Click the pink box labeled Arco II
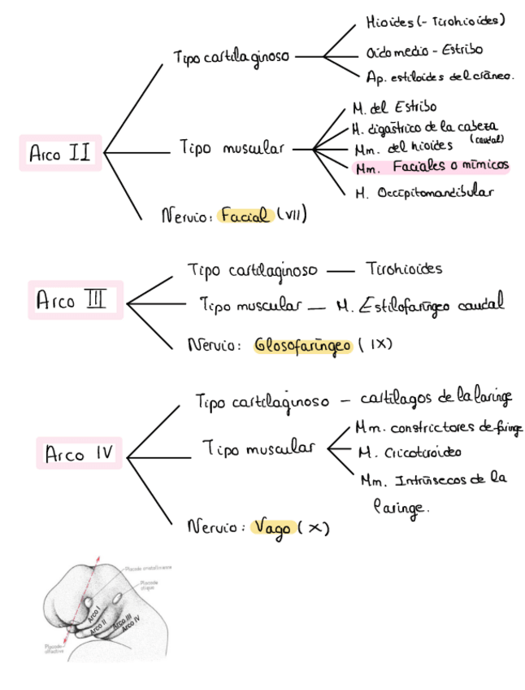coord(60,153)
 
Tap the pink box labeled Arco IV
coord(79,453)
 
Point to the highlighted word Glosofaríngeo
coord(303,345)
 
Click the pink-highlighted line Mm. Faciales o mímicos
coord(432,168)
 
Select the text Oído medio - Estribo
coord(424,52)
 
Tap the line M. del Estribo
coord(394,107)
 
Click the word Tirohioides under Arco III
coord(404,269)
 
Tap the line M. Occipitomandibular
coord(424,193)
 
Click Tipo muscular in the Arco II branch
coord(232,149)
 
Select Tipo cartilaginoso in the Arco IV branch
coord(262,402)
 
